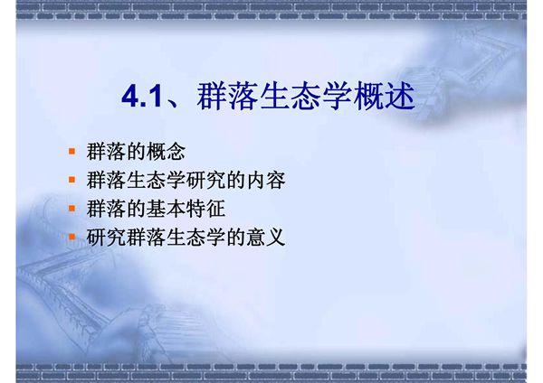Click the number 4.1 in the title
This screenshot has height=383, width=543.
click(141, 97)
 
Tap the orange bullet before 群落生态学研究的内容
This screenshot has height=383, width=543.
click(72, 181)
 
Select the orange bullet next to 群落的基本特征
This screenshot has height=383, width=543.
click(72, 210)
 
